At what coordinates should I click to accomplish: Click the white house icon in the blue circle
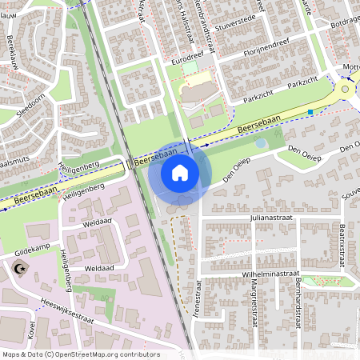point(180,172)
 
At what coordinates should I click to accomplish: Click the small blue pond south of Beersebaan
point(262,143)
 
